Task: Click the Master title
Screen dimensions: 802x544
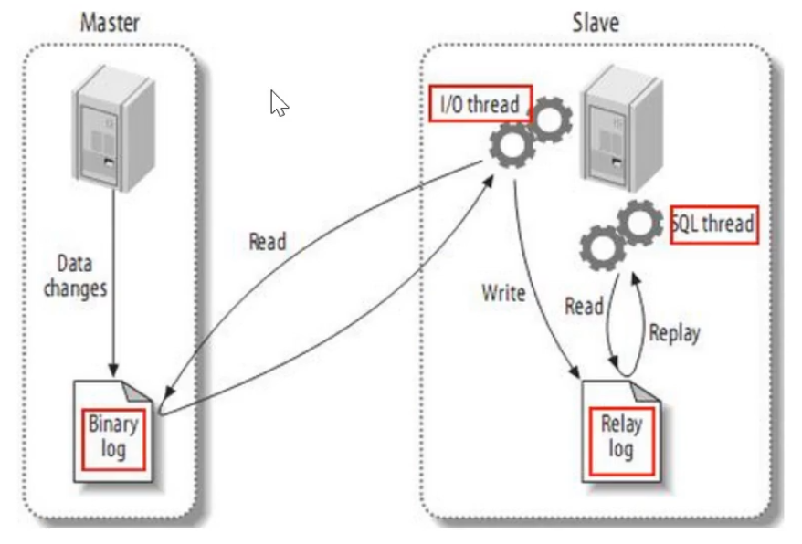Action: [110, 23]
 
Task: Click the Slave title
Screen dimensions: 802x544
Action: [596, 23]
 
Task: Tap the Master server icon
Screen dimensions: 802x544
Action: [114, 128]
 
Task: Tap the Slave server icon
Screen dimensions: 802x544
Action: [623, 128]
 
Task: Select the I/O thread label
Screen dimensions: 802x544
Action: [480, 104]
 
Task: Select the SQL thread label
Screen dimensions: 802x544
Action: [713, 224]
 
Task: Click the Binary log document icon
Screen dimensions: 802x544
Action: [113, 432]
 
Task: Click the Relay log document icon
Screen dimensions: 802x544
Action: [621, 432]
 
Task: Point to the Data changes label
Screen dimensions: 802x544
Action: [75, 276]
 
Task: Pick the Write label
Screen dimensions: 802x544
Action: [503, 293]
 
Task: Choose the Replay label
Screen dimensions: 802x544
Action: [674, 333]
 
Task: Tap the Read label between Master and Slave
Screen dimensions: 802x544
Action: [267, 241]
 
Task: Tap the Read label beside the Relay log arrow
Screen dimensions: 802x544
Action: [584, 307]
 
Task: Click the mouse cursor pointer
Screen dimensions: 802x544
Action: [279, 103]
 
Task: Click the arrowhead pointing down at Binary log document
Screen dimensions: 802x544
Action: [113, 371]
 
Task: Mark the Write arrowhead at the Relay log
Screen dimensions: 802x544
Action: [575, 372]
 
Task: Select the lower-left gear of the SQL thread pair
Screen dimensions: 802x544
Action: [602, 248]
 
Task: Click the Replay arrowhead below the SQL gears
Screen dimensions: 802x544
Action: [635, 279]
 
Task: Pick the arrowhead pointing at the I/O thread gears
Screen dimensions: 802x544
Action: [488, 182]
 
